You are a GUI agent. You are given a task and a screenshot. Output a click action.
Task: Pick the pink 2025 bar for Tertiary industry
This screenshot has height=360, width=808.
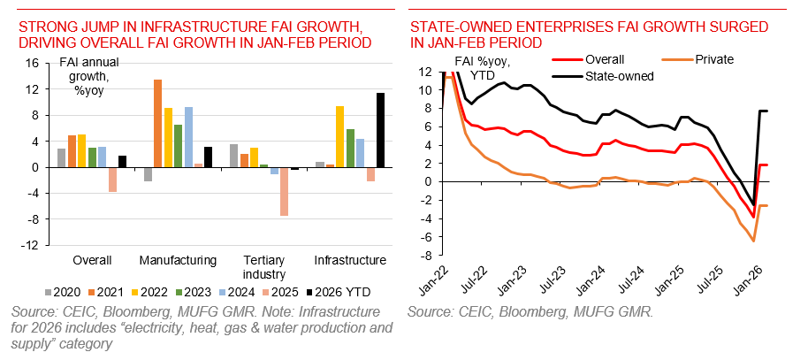(284, 191)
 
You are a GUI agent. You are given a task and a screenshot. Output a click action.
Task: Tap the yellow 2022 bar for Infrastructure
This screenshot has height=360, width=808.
(339, 136)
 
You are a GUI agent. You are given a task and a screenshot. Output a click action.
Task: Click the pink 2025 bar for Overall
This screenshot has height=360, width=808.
(112, 180)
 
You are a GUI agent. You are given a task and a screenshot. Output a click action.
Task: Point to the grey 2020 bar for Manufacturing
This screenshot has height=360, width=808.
(148, 174)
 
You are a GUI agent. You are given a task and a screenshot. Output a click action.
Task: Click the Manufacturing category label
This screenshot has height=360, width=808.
(178, 260)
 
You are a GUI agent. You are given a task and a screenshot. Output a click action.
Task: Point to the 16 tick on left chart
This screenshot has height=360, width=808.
(33, 64)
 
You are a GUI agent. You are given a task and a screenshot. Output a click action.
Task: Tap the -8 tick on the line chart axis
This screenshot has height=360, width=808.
(424, 257)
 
